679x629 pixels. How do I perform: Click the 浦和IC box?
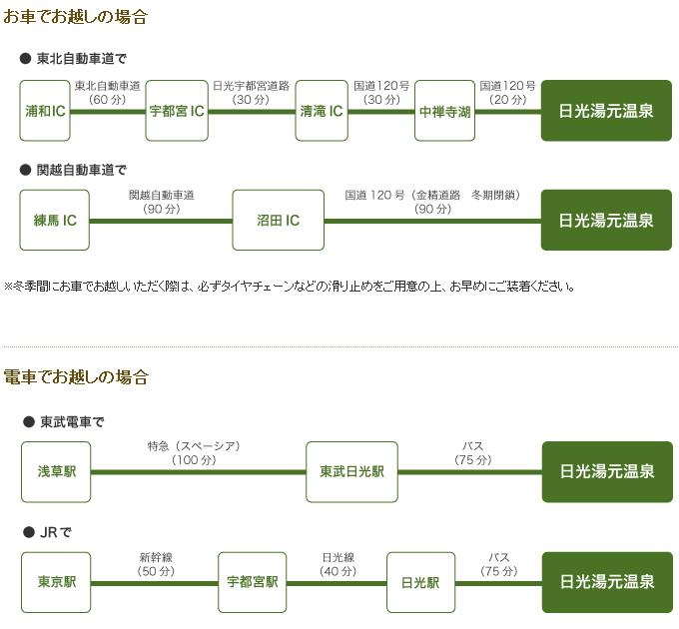point(45,111)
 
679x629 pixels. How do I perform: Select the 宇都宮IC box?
point(177,111)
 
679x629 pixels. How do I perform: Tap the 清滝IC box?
point(322,111)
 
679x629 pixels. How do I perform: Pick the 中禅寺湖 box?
point(444,111)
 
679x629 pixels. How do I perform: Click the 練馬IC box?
point(55,221)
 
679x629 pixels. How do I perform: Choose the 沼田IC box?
point(278,221)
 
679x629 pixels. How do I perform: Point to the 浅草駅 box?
point(56,472)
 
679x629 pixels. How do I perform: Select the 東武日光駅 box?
point(351,472)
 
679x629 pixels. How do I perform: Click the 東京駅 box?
point(56,582)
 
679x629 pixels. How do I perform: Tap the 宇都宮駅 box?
point(252,582)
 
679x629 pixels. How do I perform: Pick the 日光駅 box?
point(420,582)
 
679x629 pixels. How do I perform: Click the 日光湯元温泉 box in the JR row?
point(607,582)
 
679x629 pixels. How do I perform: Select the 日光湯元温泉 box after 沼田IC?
point(606,221)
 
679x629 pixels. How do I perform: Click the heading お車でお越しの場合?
point(75,17)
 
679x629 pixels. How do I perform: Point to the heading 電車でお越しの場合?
point(76,377)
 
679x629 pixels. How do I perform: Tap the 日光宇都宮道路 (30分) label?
point(251,92)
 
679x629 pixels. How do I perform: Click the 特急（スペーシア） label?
point(194,446)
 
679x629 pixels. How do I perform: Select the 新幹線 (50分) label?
point(156,564)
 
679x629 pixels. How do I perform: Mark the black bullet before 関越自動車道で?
point(26,170)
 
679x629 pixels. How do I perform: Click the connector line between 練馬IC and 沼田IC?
point(161,222)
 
